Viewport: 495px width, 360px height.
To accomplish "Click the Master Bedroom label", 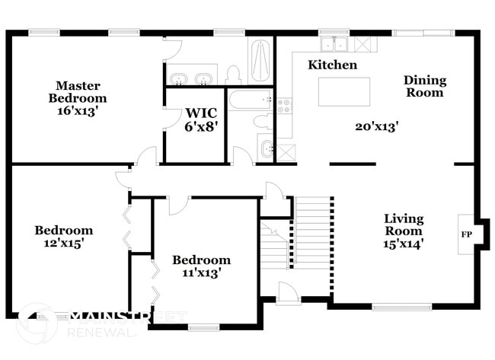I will (78, 91).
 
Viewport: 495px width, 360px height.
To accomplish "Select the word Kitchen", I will (332, 65).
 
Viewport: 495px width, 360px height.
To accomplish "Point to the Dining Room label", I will (425, 86).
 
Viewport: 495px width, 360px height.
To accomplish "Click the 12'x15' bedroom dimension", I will (64, 244).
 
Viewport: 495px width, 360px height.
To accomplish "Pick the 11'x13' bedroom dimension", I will (201, 272).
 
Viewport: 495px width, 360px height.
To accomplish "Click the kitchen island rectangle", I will (344, 91).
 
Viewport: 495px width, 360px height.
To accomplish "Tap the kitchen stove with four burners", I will (285, 105).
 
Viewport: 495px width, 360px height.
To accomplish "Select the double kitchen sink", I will (333, 43).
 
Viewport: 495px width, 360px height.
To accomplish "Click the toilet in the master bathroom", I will (234, 74).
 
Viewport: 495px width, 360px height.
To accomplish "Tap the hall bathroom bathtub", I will (251, 99).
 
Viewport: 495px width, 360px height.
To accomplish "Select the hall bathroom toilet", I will (260, 122).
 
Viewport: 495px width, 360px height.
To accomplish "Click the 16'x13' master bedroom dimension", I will (78, 110).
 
